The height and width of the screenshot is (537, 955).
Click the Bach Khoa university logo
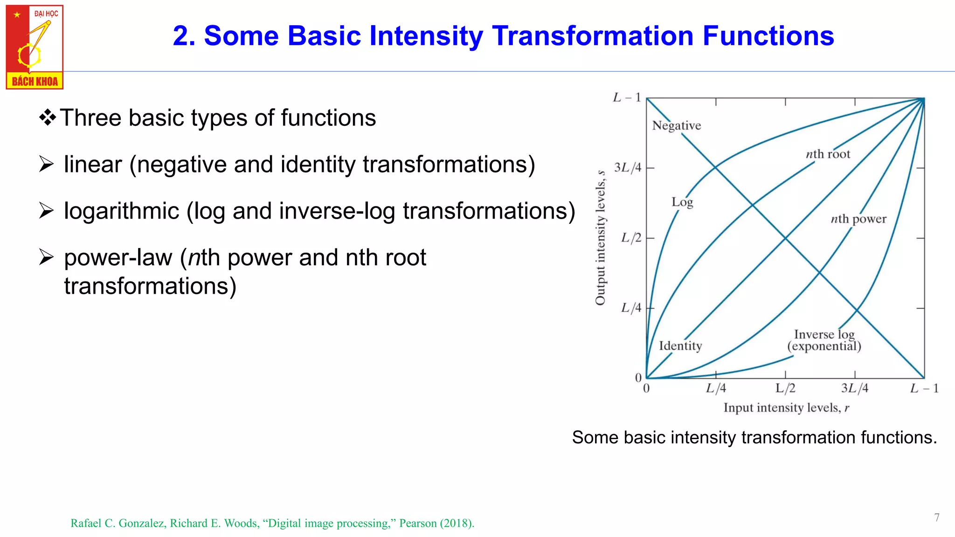click(x=35, y=47)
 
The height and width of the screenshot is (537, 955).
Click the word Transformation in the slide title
click(x=593, y=36)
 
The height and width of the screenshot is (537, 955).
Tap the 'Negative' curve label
click(x=676, y=125)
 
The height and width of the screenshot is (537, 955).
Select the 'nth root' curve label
click(x=828, y=154)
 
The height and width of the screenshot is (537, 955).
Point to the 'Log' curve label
click(x=682, y=202)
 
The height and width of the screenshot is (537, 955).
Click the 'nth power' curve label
click(x=858, y=219)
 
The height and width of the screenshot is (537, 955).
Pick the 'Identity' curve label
click(x=680, y=346)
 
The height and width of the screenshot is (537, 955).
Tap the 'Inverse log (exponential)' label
click(x=824, y=340)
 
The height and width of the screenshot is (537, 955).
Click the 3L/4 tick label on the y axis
click(x=627, y=167)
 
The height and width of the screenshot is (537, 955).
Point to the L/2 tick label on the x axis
click(x=785, y=388)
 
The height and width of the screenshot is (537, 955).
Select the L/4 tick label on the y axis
click(x=631, y=308)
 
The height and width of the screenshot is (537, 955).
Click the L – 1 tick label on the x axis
click(x=924, y=388)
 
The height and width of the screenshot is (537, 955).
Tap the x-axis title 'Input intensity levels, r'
click(x=786, y=408)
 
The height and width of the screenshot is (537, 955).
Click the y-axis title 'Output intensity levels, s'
click(x=601, y=238)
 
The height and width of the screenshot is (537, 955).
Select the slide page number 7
click(x=936, y=517)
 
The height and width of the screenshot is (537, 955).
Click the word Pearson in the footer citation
click(x=417, y=523)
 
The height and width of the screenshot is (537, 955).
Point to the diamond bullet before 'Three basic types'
click(x=47, y=117)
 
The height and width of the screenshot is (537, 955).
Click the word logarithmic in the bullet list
click(x=121, y=211)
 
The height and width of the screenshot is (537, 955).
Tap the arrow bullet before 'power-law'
click(x=46, y=257)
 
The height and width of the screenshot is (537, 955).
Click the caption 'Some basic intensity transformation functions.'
click(x=754, y=437)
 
